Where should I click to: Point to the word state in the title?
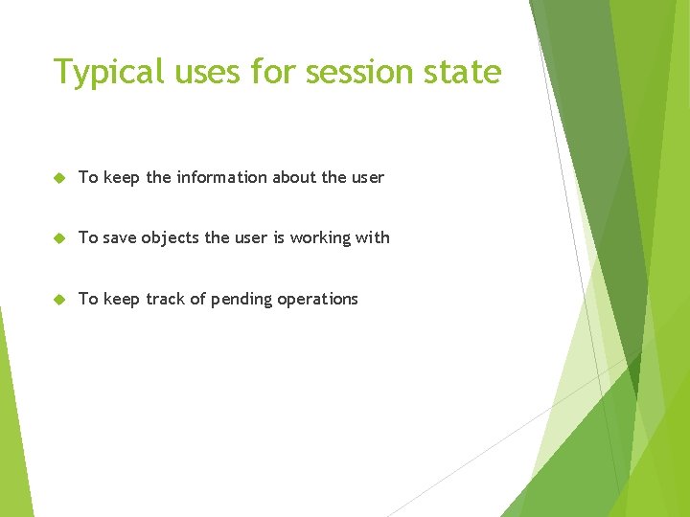(x=464, y=73)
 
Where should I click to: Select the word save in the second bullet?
(x=120, y=237)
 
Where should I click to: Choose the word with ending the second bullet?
(x=373, y=237)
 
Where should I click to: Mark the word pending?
(x=241, y=300)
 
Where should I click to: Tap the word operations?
(x=317, y=300)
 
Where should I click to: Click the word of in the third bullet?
(x=196, y=299)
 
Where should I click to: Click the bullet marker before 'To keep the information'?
(x=58, y=178)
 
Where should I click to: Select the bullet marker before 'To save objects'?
(x=58, y=238)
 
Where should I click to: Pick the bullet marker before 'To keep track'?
(x=58, y=300)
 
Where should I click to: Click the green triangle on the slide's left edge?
(x=11, y=440)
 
